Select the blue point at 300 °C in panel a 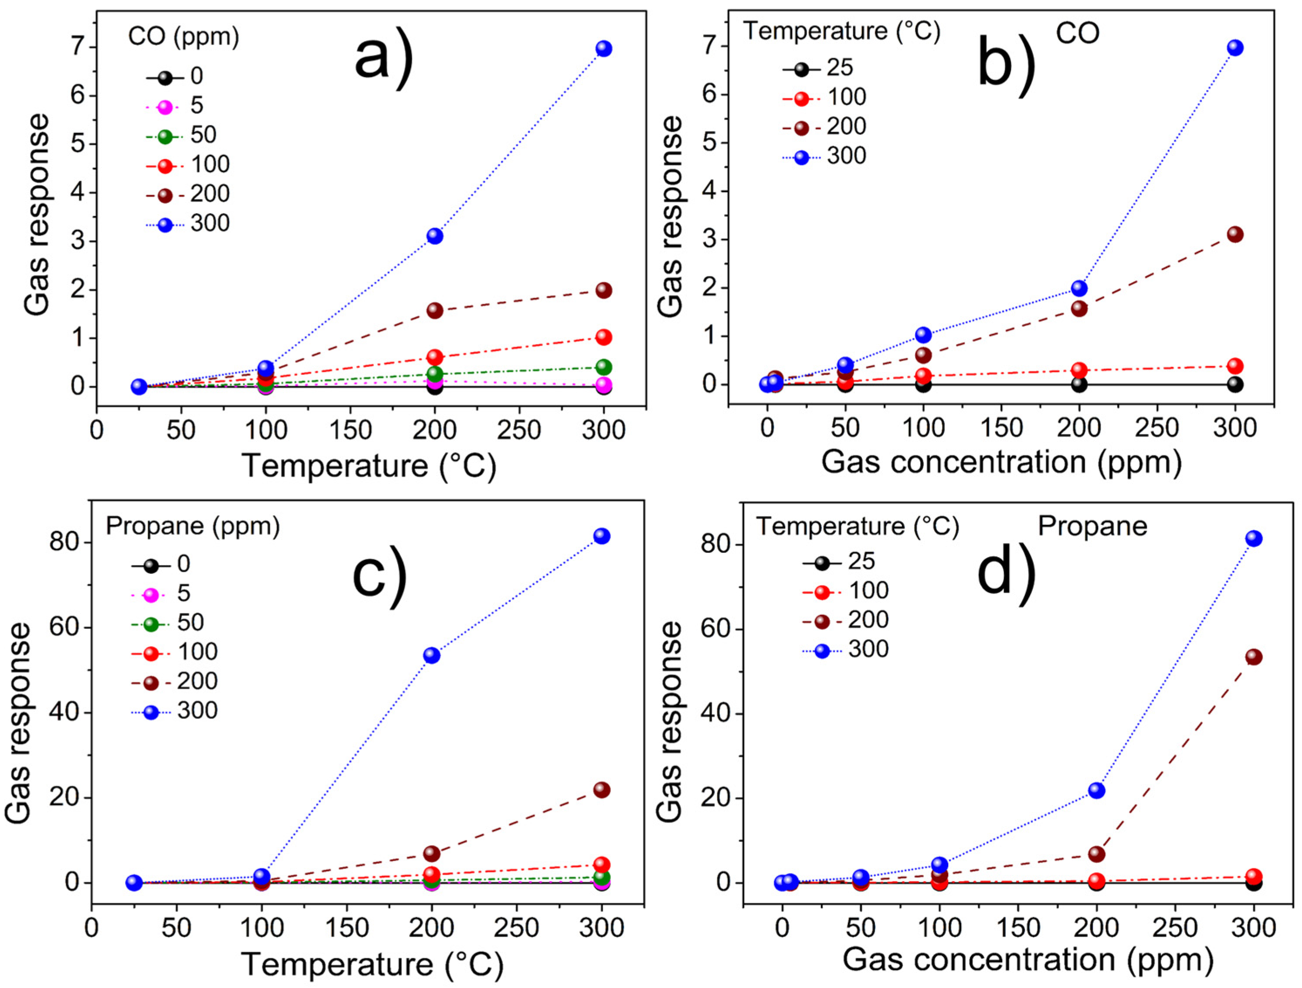click(x=604, y=48)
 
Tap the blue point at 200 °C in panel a click(x=434, y=236)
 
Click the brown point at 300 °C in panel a click(x=604, y=290)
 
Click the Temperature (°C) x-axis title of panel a click(x=370, y=466)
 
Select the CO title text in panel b click(x=1077, y=34)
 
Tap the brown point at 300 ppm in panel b click(x=1235, y=234)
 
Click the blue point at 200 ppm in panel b click(x=1079, y=288)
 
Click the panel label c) click(x=380, y=576)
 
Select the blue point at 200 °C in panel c click(x=432, y=655)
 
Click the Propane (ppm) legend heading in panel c click(x=193, y=526)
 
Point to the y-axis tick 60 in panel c click(x=65, y=628)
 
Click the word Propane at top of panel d click(x=1092, y=526)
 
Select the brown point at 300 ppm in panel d click(x=1254, y=657)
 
